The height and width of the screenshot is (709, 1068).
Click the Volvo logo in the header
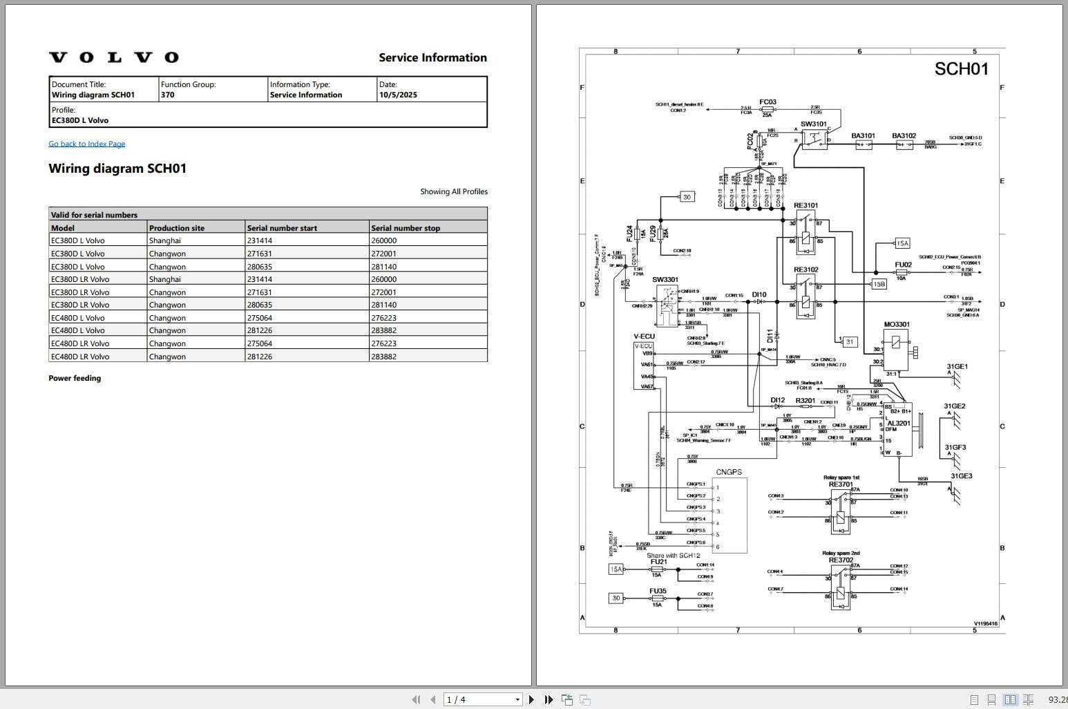click(114, 57)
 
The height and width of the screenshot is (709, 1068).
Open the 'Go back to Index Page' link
click(87, 144)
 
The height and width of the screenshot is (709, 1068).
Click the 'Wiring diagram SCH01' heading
click(117, 169)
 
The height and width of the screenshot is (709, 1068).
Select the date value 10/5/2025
click(398, 95)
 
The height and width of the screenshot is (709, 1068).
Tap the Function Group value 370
click(168, 95)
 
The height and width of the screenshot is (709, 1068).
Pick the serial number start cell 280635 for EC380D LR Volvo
click(261, 305)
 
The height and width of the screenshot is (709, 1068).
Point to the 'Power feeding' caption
click(75, 379)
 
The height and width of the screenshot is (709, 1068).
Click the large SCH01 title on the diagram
click(961, 69)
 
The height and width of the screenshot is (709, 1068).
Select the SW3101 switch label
click(813, 124)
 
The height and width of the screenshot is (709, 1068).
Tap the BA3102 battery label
click(904, 136)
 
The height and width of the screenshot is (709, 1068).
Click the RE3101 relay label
click(805, 205)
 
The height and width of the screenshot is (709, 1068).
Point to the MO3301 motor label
click(897, 324)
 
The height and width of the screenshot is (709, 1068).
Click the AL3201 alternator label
click(898, 424)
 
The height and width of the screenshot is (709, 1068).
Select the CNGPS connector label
click(729, 473)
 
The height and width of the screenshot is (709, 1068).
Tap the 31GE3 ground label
click(961, 476)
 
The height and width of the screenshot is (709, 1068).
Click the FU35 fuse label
click(658, 591)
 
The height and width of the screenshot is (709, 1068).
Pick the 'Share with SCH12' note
click(673, 556)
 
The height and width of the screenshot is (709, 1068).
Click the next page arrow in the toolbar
click(531, 699)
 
